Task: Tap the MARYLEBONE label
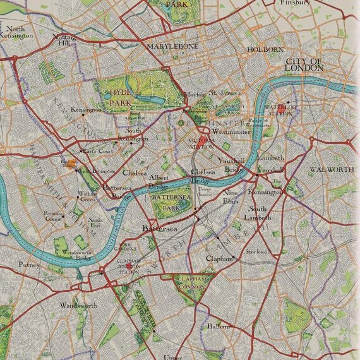coord(172,47)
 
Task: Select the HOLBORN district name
coord(265,49)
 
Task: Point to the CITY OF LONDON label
coord(303,64)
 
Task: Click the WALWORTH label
coord(332,171)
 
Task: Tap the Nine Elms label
coord(231,196)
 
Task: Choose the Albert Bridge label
coord(159,183)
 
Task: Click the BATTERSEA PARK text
coord(171,201)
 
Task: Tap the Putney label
coord(28,265)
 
